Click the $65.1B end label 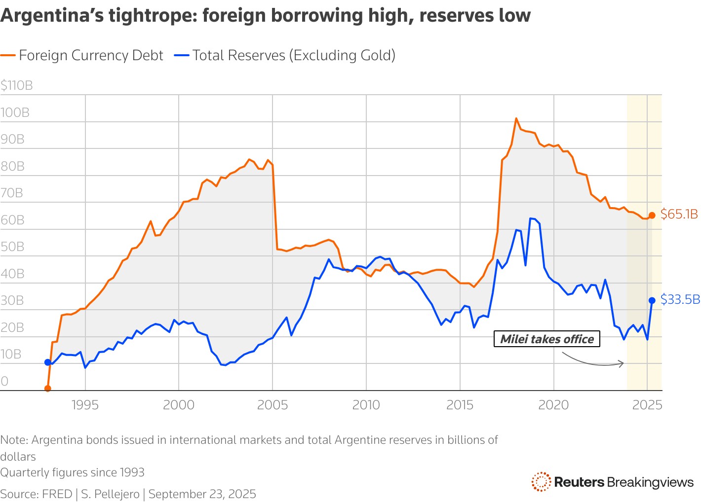tap(679, 215)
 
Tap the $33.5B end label tap(680, 300)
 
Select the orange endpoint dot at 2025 tap(652, 215)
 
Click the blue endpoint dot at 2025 tap(652, 300)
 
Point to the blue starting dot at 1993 tap(48, 362)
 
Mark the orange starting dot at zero tap(48, 389)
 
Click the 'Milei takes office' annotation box tap(546, 339)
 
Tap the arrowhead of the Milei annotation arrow tap(623, 363)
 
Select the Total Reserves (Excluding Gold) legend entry tap(285, 55)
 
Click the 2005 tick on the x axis tap(273, 405)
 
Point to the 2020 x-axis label tap(553, 405)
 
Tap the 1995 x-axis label tap(85, 405)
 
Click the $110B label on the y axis tap(17, 86)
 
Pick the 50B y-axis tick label tap(12, 247)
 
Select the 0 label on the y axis tap(4, 381)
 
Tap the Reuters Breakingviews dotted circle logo tap(541, 482)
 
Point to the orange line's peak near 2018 tap(516, 118)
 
